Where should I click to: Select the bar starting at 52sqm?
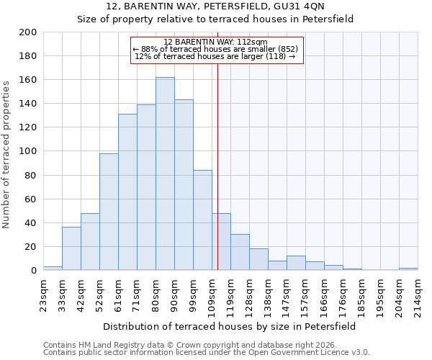click(109, 212)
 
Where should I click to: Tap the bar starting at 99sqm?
click(202, 220)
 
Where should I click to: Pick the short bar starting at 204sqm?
click(408, 269)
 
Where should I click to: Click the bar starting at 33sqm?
click(71, 248)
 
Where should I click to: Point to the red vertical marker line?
click(217, 166)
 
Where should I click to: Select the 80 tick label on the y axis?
click(30, 175)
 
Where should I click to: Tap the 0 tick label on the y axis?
click(33, 271)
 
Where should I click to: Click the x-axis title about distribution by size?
click(230, 326)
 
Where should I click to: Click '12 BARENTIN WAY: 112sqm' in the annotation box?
click(215, 42)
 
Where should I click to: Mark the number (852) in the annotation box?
click(287, 49)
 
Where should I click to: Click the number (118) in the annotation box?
click(276, 56)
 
